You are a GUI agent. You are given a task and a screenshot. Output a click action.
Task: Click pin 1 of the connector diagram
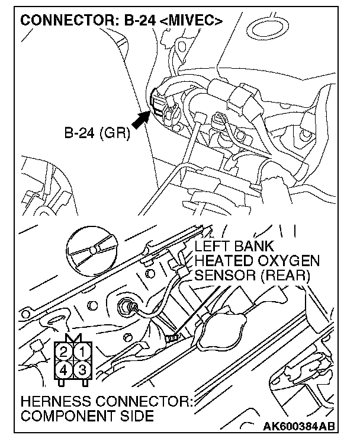[82, 355]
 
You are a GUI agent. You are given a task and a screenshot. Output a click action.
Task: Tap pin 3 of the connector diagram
[82, 370]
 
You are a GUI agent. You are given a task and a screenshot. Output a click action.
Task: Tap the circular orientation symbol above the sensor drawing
[93, 249]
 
